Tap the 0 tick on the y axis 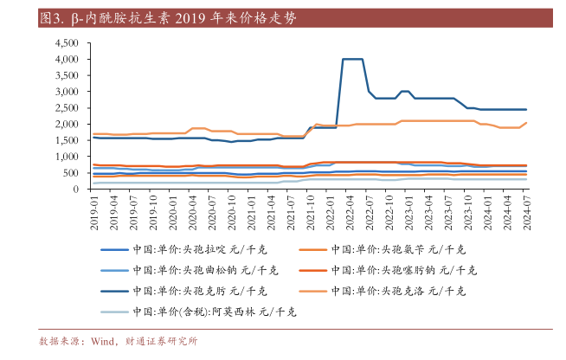79,189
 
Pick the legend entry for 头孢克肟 201,290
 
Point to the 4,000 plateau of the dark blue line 352,59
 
